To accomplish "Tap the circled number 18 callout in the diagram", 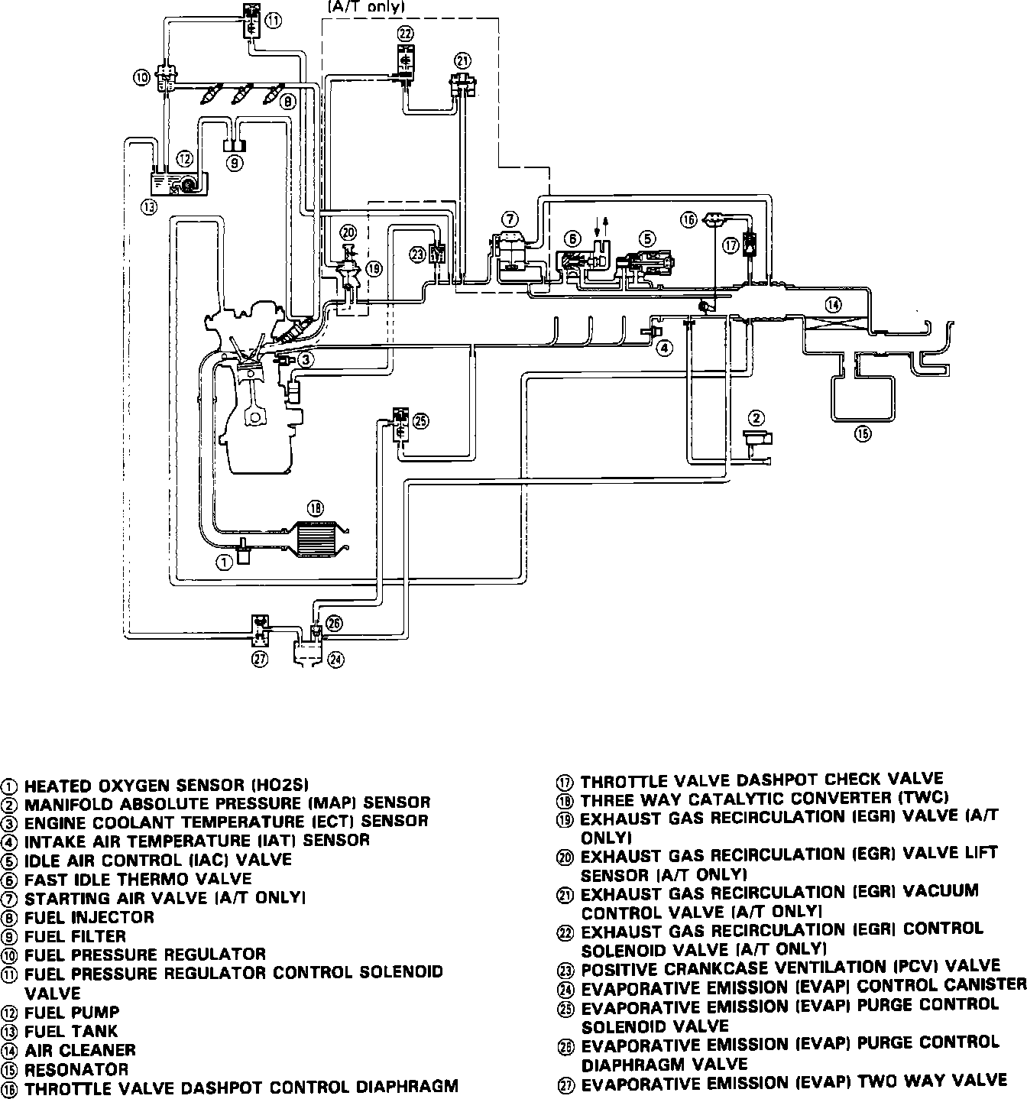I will coord(316,507).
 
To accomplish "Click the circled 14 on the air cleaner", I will coord(833,305).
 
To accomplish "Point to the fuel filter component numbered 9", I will coord(235,145).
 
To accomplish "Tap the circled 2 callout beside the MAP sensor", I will coord(756,417).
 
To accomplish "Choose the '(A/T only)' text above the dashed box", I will coord(366,7).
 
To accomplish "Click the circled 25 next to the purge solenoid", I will coord(421,420).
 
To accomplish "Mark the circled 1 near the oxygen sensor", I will coord(224,562).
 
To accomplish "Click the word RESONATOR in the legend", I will coord(76,1069).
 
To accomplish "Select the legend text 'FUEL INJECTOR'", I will coord(89,916).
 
